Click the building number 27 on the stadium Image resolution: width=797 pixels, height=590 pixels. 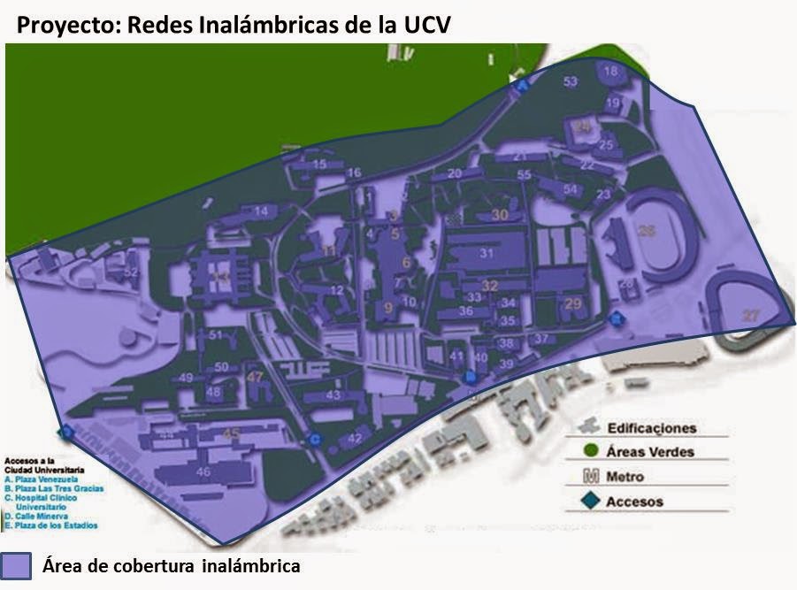tap(751, 316)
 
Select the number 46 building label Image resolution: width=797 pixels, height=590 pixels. tap(203, 472)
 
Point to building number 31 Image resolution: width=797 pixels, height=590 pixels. tap(486, 253)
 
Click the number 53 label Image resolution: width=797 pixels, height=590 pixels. tap(571, 82)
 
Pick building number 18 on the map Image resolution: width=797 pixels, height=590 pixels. tap(610, 71)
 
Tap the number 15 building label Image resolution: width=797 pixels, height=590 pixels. tap(319, 164)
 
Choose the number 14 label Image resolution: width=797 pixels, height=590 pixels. tap(260, 211)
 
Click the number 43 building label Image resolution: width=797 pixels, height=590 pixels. tap(333, 395)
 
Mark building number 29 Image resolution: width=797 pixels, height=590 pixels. tap(572, 304)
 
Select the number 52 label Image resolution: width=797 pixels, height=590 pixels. tap(132, 273)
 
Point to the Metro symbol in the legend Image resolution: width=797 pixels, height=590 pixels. tap(589, 477)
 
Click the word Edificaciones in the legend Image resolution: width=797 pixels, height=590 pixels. tap(651, 428)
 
